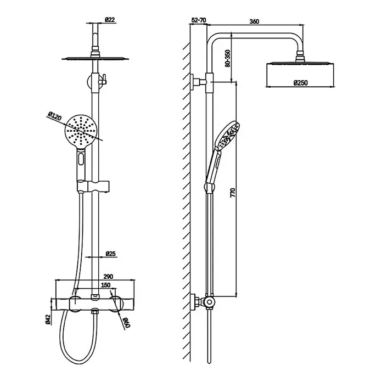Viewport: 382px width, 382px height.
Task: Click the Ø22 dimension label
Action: (110, 20)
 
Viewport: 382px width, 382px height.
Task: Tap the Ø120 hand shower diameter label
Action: (55, 116)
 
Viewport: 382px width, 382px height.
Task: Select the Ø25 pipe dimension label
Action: (111, 254)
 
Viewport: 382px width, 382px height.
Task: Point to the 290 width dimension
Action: (108, 277)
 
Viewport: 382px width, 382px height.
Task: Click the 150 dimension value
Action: (105, 285)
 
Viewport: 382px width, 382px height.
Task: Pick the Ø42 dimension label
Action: (48, 319)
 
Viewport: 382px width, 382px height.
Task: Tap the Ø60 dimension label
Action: (127, 323)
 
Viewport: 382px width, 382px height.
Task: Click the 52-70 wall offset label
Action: (199, 20)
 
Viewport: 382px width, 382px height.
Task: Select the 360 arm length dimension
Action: (254, 21)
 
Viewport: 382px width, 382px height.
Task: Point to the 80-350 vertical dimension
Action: (228, 59)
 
